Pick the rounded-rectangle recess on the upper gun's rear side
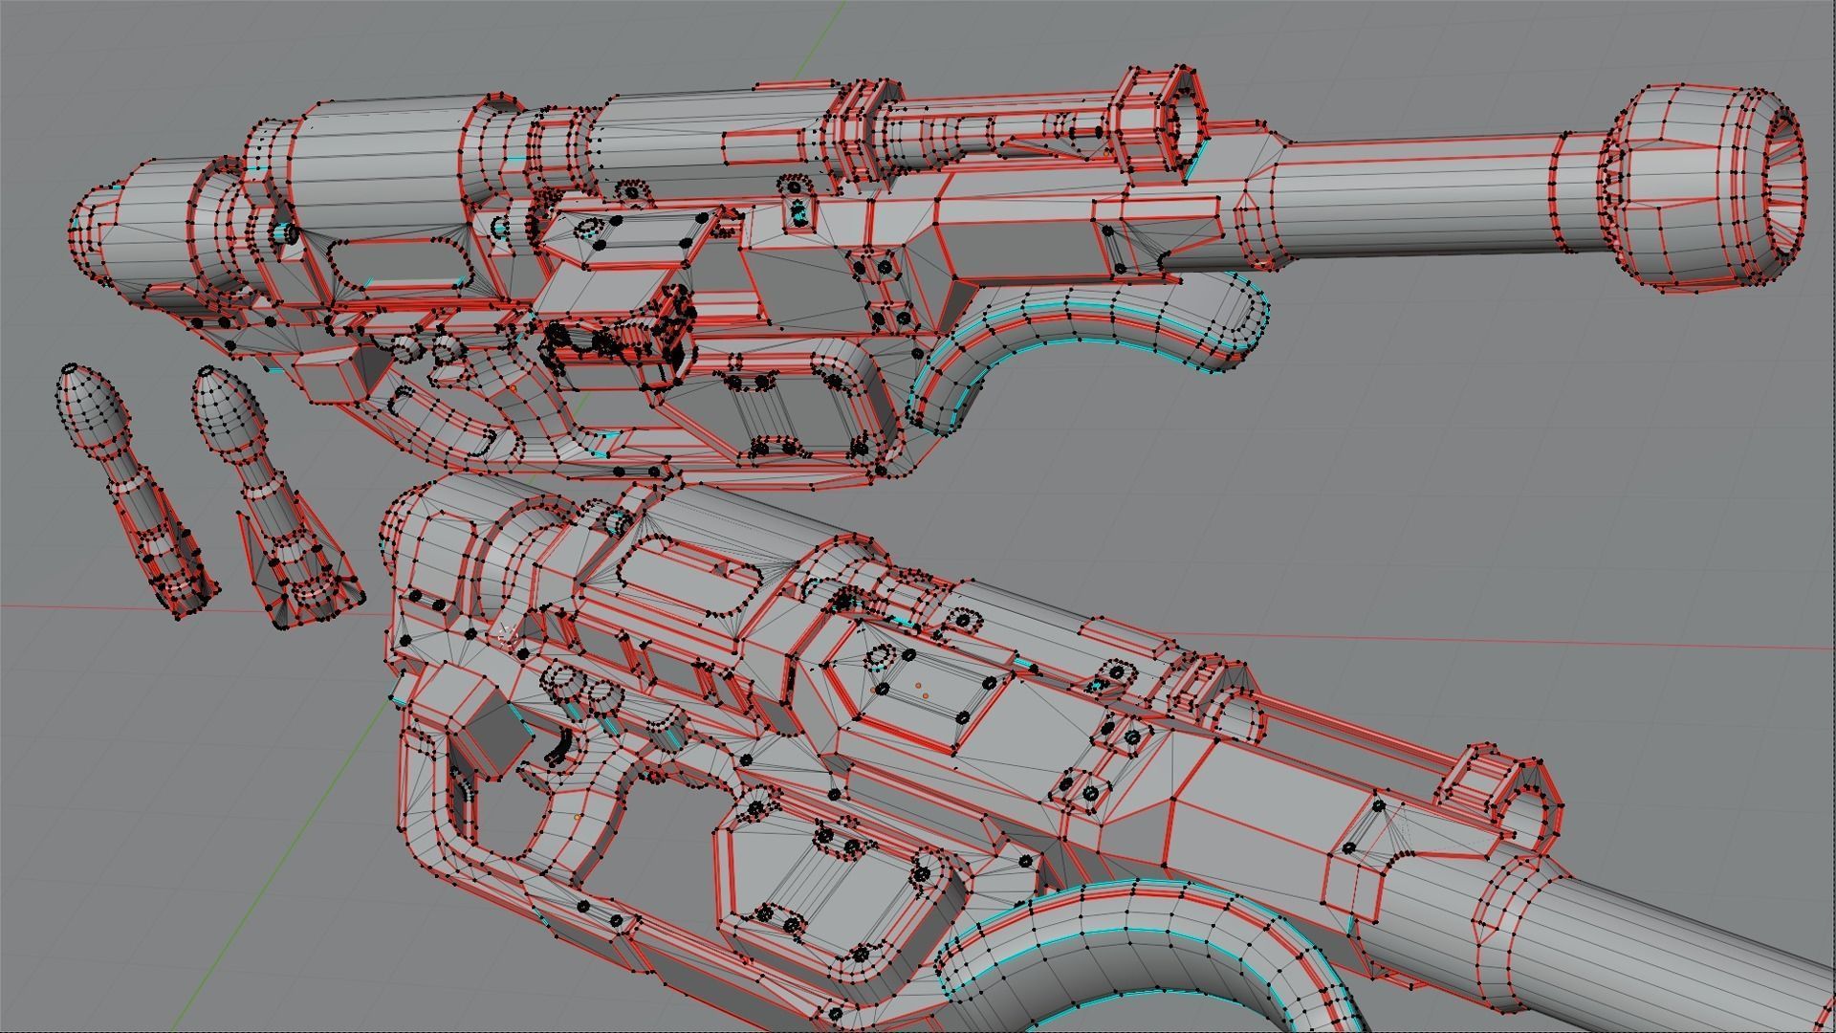[397, 263]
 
